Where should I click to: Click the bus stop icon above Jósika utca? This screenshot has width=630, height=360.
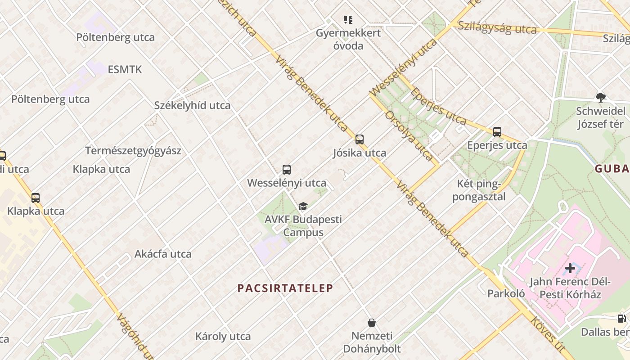click(x=359, y=139)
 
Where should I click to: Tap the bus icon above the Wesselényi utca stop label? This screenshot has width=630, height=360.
click(x=287, y=170)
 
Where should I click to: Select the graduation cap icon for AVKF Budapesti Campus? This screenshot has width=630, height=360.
click(x=303, y=207)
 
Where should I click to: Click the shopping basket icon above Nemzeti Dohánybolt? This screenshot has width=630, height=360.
click(x=372, y=323)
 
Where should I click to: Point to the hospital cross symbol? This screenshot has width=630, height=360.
click(x=570, y=269)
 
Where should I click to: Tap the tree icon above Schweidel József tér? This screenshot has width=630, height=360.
click(x=600, y=97)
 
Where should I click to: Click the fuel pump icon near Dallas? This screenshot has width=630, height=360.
click(x=621, y=319)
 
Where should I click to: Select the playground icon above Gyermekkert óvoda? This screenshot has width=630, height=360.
click(x=348, y=20)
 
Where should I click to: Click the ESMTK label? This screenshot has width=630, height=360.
click(x=125, y=69)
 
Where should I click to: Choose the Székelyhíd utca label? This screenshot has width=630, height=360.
click(x=192, y=105)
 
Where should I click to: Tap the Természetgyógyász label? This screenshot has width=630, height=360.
click(x=133, y=150)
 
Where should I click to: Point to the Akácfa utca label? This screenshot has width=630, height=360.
click(x=163, y=254)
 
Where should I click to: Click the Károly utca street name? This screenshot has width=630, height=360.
click(x=223, y=336)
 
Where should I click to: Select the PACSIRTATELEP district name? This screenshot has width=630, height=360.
click(x=285, y=288)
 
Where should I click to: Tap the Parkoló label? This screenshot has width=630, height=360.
click(x=506, y=293)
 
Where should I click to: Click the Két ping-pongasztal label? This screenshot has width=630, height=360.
click(x=479, y=190)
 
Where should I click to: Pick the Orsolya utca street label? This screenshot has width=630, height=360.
click(x=409, y=136)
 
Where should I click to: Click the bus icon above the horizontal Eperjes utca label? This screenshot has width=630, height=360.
click(x=497, y=132)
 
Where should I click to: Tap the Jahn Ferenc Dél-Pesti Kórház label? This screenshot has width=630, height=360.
click(x=570, y=288)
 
